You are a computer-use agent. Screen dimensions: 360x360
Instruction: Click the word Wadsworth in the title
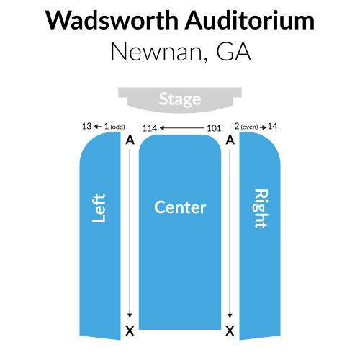(112, 20)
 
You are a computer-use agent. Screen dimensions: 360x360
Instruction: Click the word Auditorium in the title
(250, 20)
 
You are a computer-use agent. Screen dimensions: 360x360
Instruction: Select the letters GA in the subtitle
(233, 51)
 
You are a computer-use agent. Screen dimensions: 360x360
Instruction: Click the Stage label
(180, 99)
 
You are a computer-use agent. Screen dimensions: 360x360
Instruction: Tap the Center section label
(180, 207)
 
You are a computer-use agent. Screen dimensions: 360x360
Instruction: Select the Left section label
(99, 208)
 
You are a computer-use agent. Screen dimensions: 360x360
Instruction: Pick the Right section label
(261, 209)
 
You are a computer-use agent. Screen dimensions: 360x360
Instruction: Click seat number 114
(150, 128)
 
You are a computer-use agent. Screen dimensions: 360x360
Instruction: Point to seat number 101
(214, 128)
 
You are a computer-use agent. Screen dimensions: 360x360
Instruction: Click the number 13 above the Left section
(86, 126)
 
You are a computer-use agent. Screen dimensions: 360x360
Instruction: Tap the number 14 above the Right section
(272, 126)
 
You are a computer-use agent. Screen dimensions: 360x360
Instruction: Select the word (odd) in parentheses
(117, 127)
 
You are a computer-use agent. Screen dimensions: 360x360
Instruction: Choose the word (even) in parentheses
(249, 127)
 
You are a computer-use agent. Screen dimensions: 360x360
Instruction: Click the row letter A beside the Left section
(130, 140)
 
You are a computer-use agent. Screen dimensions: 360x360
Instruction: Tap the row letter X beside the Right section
(230, 331)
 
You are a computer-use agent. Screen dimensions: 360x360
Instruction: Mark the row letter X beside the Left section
(130, 331)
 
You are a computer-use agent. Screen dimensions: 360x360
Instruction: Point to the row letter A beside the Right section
(230, 140)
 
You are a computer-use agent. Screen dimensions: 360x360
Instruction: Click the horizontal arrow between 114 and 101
(181, 128)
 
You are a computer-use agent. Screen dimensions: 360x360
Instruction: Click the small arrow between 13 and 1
(98, 127)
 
